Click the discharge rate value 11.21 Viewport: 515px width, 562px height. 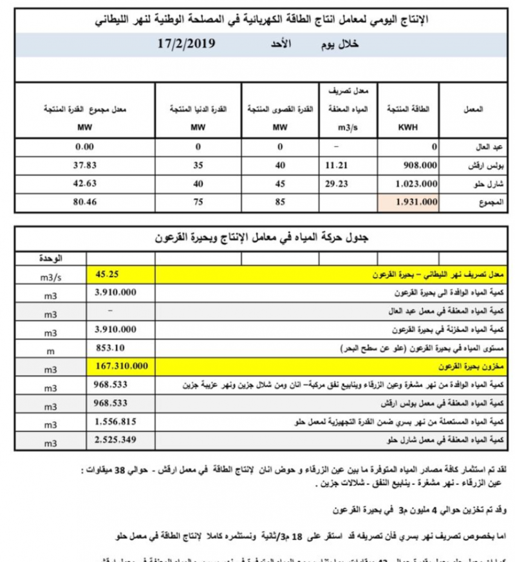pos(339,164)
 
